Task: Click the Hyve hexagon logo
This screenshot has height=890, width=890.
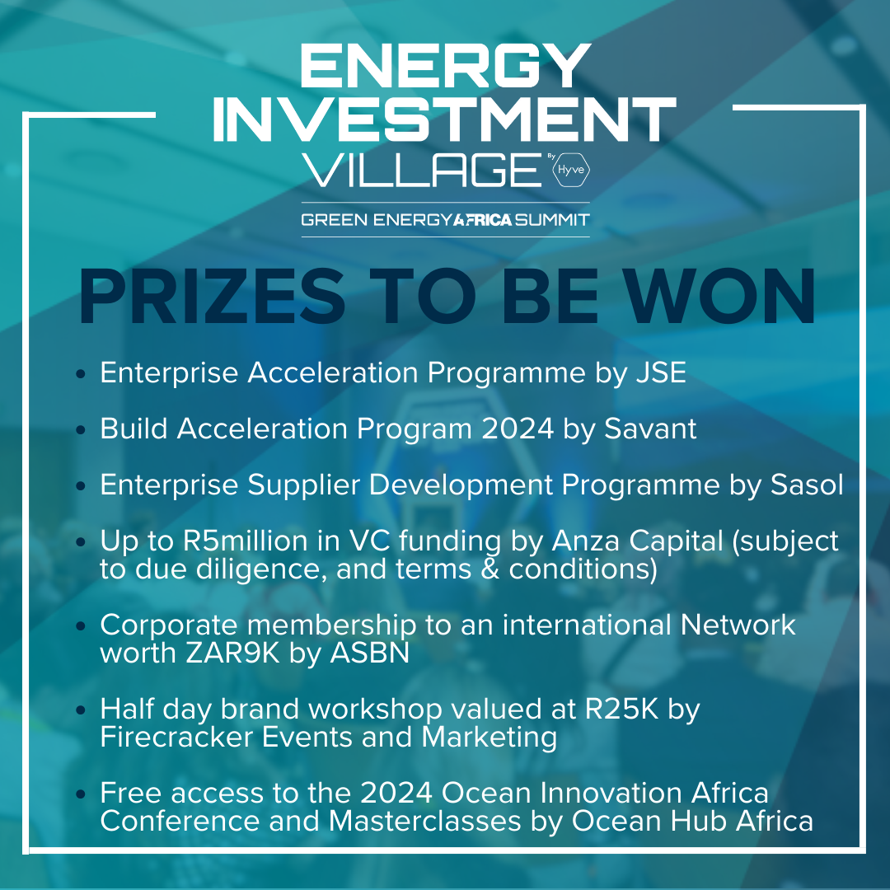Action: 571,170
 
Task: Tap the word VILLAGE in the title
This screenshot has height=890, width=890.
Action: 422,170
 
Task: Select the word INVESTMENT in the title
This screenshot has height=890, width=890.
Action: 444,119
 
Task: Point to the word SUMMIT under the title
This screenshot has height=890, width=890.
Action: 552,220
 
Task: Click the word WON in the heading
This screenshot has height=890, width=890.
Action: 721,297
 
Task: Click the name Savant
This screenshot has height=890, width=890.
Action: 650,429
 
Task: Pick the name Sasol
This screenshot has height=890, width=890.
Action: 807,485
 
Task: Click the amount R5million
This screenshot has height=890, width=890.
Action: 246,541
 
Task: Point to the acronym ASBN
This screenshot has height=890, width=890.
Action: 369,653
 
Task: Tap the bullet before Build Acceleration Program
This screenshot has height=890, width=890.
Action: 81,429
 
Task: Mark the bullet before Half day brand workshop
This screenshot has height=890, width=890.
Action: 81,710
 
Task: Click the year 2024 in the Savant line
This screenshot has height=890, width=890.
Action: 517,429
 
